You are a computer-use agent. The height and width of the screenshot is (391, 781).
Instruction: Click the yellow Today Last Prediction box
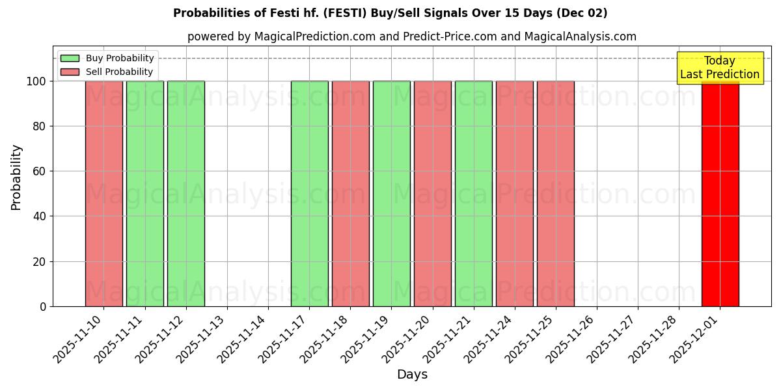tap(719, 68)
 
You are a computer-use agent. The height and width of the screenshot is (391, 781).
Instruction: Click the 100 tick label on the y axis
tap(36, 81)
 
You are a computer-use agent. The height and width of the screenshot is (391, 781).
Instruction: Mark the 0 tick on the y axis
tap(43, 306)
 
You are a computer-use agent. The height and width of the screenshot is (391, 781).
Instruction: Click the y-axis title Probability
tap(16, 177)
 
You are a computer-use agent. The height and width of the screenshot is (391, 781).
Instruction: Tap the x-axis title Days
tap(412, 375)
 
